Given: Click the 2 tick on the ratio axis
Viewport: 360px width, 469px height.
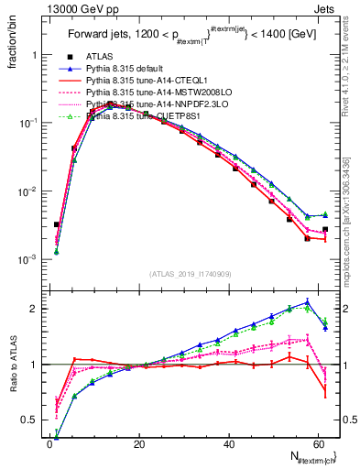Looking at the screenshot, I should (x=34, y=309).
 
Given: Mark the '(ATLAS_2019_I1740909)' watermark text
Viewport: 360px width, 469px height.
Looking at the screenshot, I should (x=191, y=274).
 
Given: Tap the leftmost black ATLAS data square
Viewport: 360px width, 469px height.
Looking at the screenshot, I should (x=56, y=224).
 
